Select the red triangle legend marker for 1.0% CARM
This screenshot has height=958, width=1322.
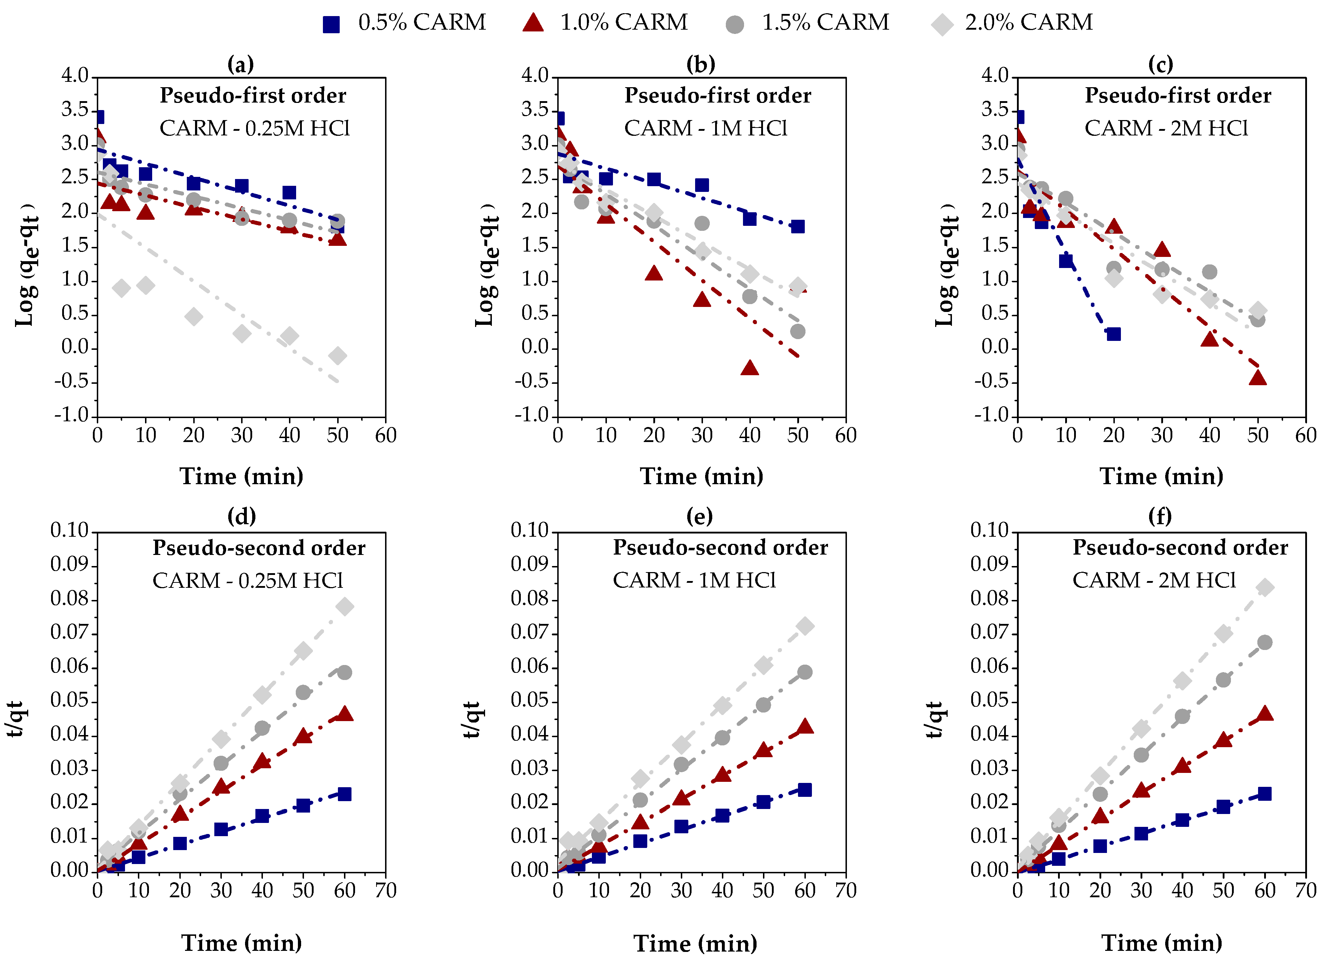pos(533,23)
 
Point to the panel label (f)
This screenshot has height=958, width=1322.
pos(1159,516)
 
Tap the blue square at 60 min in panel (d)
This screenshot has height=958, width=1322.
pos(344,794)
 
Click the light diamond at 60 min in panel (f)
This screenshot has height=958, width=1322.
pos(1264,587)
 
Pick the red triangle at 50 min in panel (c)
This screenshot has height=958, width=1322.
pos(1257,378)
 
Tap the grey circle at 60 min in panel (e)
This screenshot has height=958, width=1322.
pos(804,672)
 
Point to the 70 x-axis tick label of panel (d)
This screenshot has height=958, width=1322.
pos(385,890)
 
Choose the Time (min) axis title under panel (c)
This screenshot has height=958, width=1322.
pos(1161,476)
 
